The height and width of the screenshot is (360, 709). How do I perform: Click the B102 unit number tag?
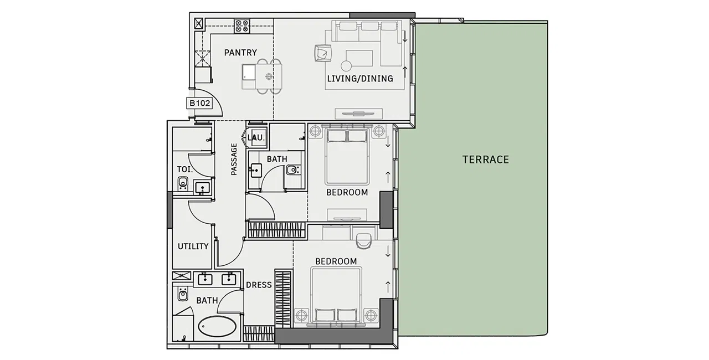[x=199, y=103]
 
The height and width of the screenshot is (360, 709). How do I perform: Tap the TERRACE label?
[x=486, y=160]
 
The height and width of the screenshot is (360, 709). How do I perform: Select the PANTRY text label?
[x=240, y=53]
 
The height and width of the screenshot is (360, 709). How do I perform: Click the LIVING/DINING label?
[x=360, y=79]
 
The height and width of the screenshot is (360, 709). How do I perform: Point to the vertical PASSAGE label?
[x=234, y=159]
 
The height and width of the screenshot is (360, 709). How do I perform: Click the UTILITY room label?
[x=193, y=246]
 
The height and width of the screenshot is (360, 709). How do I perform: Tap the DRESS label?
[x=259, y=285]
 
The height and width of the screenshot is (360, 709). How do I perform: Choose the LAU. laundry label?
[x=256, y=137]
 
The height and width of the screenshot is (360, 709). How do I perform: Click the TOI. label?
[x=185, y=169]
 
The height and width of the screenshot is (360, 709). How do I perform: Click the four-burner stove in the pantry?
[x=242, y=26]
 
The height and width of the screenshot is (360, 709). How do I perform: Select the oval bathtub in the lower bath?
[x=217, y=326]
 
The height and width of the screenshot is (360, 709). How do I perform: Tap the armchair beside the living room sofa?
[x=323, y=53]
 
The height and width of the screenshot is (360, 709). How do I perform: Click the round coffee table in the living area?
[x=346, y=66]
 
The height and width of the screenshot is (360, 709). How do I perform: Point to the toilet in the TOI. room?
[x=183, y=183]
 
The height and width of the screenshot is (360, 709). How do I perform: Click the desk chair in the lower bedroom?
[x=363, y=241]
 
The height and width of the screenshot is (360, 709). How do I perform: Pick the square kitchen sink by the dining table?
[x=249, y=72]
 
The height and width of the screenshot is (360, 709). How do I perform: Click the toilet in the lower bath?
[x=183, y=294]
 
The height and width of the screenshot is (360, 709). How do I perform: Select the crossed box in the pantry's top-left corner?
[x=198, y=24]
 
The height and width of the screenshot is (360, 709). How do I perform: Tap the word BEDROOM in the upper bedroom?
[x=347, y=192]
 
